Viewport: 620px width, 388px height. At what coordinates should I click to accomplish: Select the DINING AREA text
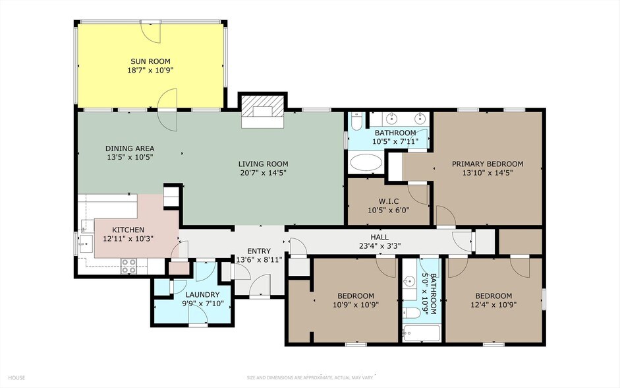tap(129, 148)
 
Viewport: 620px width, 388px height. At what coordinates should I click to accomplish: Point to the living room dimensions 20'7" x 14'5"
tap(263, 173)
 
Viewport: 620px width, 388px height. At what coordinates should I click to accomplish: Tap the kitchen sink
tap(84, 243)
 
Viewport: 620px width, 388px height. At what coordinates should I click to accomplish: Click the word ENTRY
tap(258, 251)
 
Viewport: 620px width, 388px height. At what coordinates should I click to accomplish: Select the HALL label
tap(379, 237)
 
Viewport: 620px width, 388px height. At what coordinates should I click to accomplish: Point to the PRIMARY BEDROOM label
tap(487, 164)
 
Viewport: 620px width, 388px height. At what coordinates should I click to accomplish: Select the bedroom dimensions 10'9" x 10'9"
tap(355, 304)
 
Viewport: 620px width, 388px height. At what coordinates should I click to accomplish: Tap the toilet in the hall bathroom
tap(409, 313)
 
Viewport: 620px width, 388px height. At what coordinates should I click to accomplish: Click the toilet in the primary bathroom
tap(356, 122)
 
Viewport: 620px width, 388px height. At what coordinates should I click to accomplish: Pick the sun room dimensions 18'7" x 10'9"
tap(150, 70)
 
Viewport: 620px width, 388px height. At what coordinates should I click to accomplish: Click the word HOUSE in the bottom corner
tap(17, 378)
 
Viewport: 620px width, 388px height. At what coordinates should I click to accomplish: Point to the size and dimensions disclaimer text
tap(309, 378)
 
